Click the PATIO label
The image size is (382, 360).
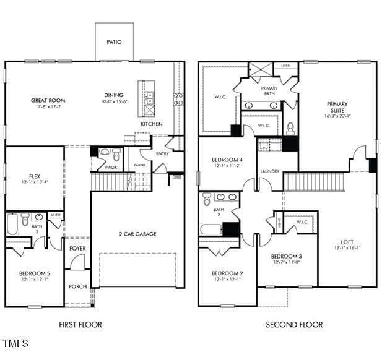tap(113, 42)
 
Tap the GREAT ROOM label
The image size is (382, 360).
tap(48, 100)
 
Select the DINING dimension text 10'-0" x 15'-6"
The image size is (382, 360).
tap(116, 102)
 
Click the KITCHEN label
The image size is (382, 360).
tap(151, 124)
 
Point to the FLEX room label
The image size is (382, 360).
tap(35, 176)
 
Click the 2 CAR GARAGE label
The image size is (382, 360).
tap(137, 234)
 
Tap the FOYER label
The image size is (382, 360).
tap(77, 249)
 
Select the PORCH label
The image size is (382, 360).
tap(77, 286)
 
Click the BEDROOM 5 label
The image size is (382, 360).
tap(35, 273)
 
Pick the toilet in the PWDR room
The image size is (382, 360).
tap(104, 152)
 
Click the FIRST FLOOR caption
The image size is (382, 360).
tap(80, 324)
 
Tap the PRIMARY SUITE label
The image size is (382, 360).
tap(337, 108)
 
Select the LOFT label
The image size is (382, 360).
tap(347, 242)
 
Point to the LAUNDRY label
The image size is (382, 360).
tap(269, 171)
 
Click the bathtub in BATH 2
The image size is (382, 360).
tap(211, 229)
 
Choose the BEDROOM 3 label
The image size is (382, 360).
tap(287, 256)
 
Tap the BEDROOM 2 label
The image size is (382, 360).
tap(227, 273)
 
